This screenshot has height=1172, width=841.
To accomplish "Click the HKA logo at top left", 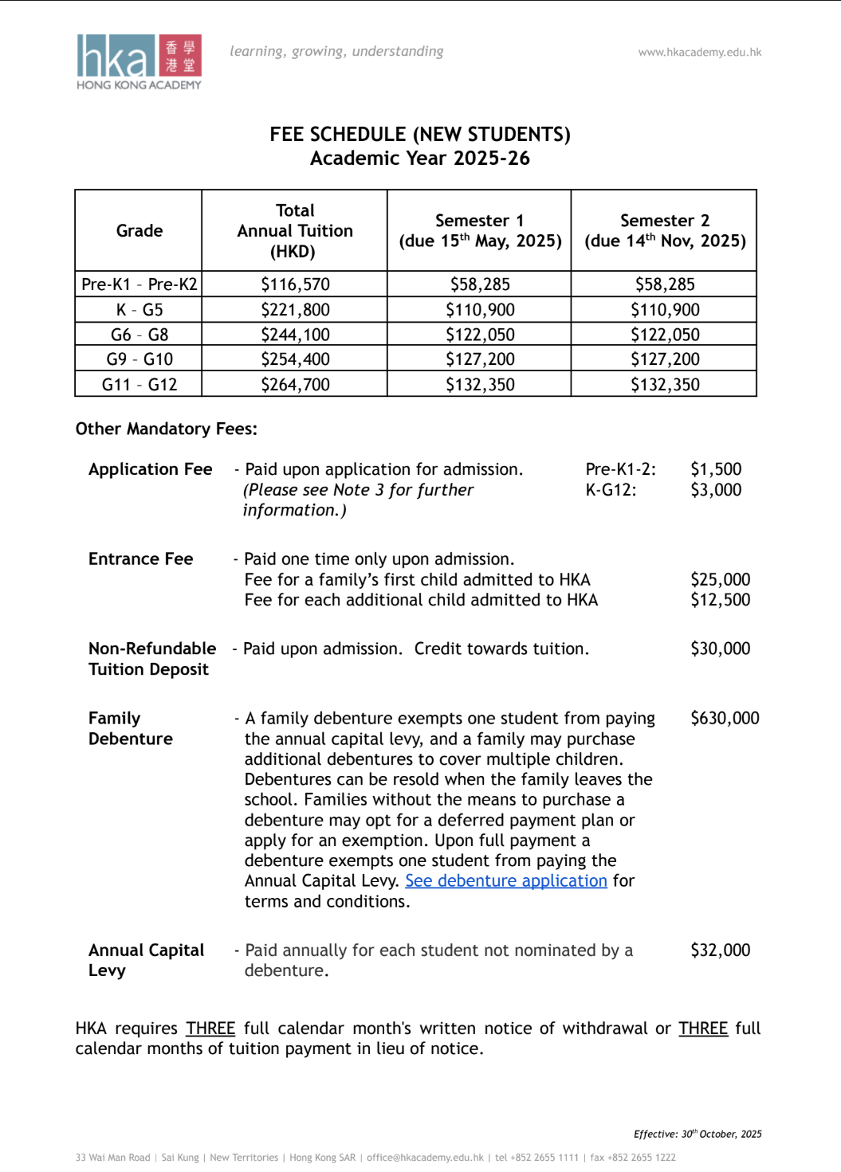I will (139, 61).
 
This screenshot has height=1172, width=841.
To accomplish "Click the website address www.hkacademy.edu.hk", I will (699, 53).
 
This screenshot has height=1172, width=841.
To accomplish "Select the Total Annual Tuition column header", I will (295, 231).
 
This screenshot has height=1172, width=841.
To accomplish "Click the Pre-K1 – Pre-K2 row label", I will (139, 284).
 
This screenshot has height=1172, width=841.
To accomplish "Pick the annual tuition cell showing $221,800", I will (295, 310).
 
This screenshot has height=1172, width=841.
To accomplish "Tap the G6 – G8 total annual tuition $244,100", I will (295, 335).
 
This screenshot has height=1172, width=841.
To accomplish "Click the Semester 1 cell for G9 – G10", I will (480, 359).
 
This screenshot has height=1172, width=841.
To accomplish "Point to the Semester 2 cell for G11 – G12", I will (665, 385).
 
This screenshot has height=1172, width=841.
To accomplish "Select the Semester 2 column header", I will (665, 231).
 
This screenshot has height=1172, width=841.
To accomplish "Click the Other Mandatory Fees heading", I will (166, 429).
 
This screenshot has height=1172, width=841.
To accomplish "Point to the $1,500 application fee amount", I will (716, 469).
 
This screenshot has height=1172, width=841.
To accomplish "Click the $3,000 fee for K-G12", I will (716, 490).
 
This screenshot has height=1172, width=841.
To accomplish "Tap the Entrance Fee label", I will (140, 559).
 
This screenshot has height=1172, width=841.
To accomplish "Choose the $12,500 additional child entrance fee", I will (720, 600).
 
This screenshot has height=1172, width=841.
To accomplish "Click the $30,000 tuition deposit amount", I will (720, 649).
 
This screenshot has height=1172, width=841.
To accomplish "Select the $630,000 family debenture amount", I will (725, 719).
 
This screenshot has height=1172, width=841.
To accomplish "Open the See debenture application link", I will (506, 881).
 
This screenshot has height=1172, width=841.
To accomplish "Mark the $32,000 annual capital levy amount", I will (720, 951).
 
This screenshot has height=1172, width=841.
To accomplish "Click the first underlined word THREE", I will (210, 1029).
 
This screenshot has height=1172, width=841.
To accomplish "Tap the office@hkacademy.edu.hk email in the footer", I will (425, 1158).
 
